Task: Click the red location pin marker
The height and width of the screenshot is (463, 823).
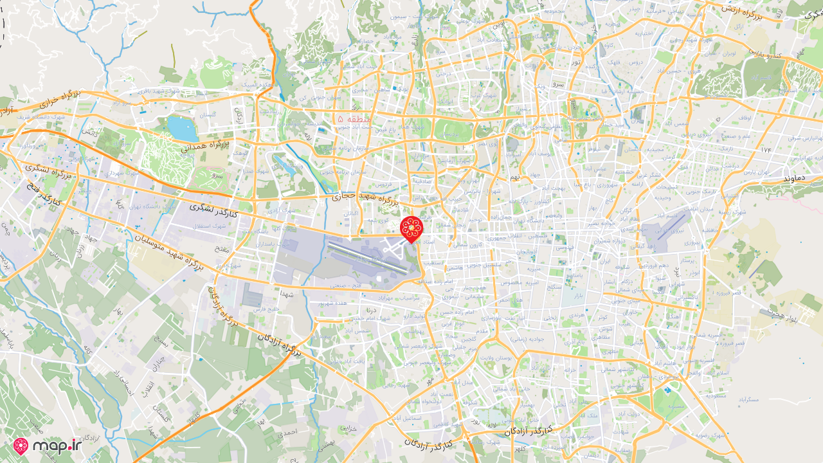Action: [x=411, y=228]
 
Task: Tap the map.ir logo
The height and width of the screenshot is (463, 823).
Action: [x=48, y=446]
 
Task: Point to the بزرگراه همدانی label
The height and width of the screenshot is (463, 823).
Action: [x=206, y=145]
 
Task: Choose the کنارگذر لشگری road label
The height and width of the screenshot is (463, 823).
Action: [x=213, y=210]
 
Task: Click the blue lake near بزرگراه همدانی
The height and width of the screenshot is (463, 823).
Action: [x=183, y=129]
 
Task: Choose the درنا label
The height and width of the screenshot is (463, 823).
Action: [x=371, y=310]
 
